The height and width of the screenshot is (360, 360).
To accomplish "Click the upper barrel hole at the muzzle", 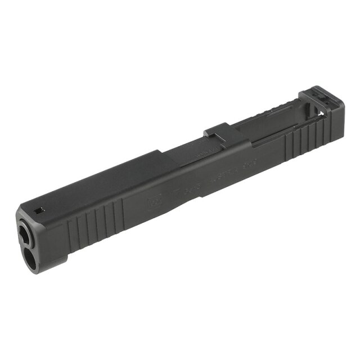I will (x=26, y=231).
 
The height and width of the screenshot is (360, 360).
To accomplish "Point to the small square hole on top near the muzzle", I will (x=38, y=211).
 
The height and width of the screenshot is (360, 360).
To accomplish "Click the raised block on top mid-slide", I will (x=218, y=133).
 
